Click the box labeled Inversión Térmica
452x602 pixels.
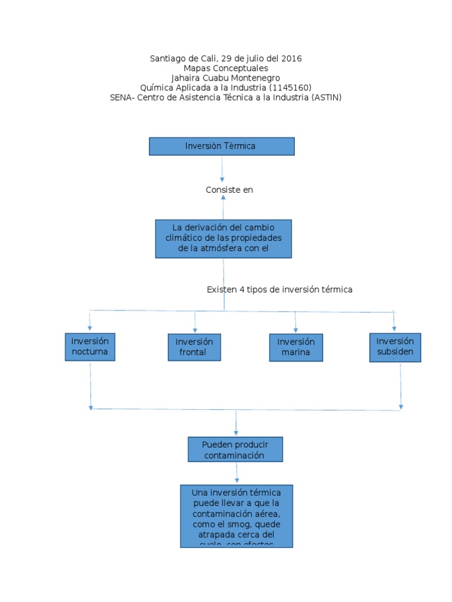coord(221,146)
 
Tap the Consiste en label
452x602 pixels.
coord(229,190)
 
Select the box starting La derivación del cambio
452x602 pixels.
coord(223,239)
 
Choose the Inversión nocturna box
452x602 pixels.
coord(90,347)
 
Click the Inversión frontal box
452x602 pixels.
coord(194,347)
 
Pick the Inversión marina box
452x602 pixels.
coord(296,347)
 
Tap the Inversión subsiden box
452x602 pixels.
coord(395,347)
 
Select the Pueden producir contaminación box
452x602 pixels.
coord(235,450)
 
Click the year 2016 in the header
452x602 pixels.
coord(291,59)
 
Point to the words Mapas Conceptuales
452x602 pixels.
coord(225,68)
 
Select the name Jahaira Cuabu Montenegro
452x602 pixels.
coord(225,78)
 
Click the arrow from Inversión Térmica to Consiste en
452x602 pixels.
coord(222,170)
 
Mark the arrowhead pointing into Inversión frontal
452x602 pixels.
coord(195,330)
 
